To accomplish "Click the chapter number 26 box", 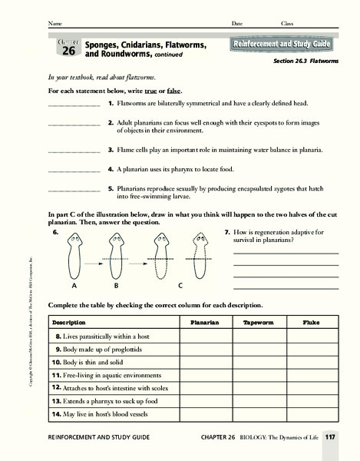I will (x=68, y=49).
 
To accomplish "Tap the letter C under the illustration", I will (x=180, y=284).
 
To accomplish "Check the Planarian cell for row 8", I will (x=206, y=337).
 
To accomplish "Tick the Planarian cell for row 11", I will (x=206, y=374).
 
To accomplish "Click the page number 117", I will (x=330, y=438).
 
